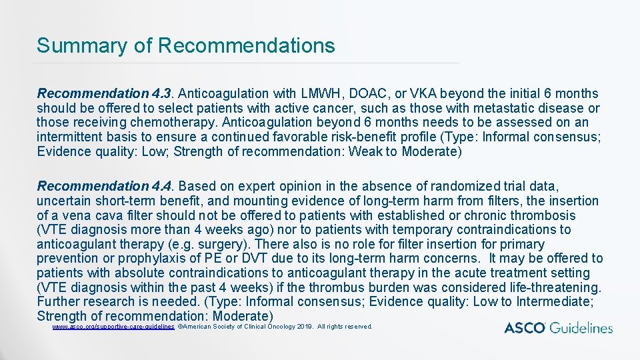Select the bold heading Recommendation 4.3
click(105, 93)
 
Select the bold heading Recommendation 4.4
click(105, 186)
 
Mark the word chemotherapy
click(178, 123)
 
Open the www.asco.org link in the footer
click(113, 327)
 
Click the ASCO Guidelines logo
click(558, 328)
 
